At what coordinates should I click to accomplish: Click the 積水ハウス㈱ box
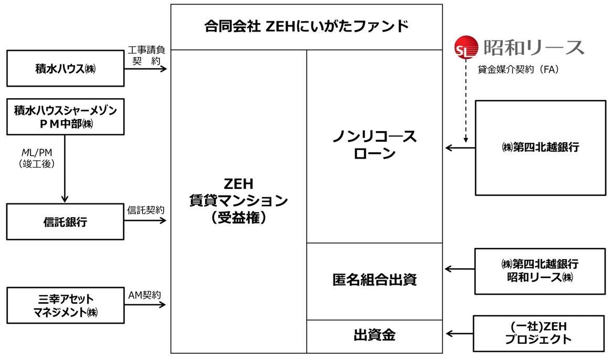[65, 69]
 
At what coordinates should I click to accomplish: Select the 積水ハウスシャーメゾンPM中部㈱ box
[65, 117]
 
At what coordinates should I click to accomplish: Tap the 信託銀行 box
[65, 222]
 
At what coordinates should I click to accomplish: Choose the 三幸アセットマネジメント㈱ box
[65, 306]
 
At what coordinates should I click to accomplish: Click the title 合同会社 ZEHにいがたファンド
[306, 26]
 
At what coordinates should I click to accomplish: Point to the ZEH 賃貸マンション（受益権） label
[239, 202]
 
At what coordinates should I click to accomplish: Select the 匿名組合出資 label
[374, 280]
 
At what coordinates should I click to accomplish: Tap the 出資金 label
[374, 336]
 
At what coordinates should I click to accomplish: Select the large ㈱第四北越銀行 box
[540, 148]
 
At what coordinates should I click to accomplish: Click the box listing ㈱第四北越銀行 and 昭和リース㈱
[540, 271]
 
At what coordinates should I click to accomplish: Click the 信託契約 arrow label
[146, 209]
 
